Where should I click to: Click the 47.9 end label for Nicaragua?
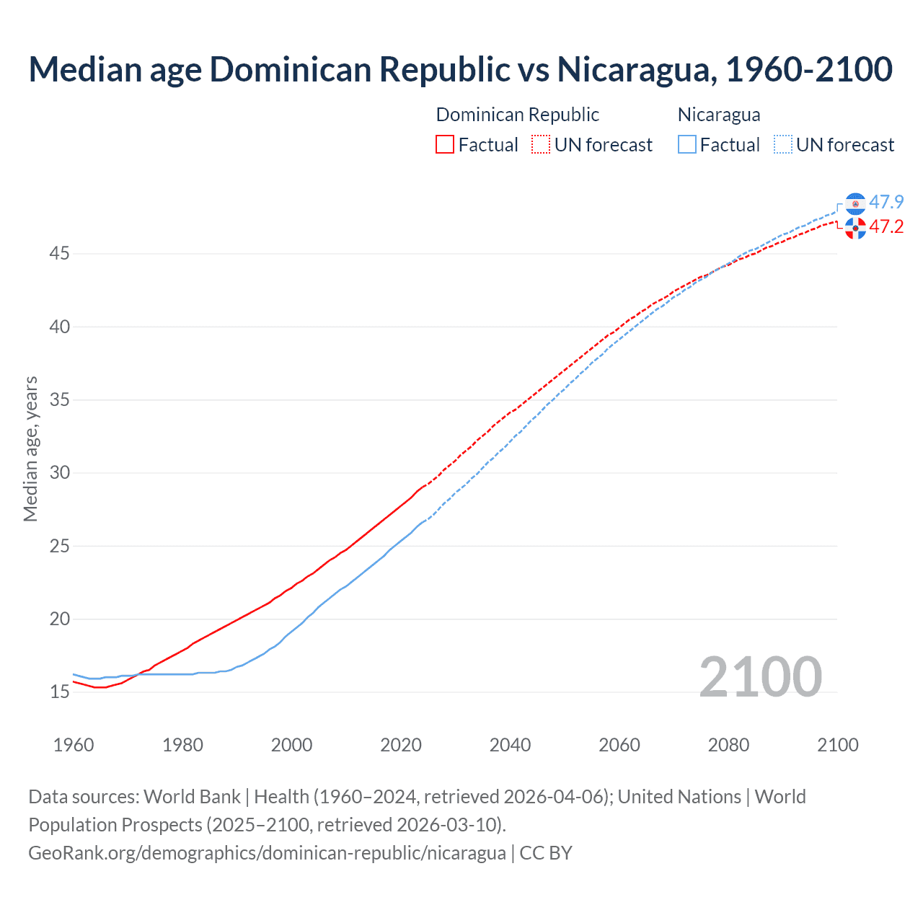pos(886,202)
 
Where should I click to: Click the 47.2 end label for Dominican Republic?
pos(886,226)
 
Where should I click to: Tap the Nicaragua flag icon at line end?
pos(855,204)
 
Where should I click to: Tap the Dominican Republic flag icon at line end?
pos(855,229)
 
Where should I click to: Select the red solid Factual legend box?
pos(445,144)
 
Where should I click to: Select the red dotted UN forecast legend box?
pos(541,144)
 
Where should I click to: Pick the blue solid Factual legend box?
pos(687,144)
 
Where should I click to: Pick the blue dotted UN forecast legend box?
pos(783,144)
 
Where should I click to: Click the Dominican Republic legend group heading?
pos(517,115)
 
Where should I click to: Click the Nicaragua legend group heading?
pos(719,115)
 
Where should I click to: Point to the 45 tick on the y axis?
pos(60,254)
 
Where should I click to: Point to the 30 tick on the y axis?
pos(60,473)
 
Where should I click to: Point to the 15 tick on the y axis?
pos(60,692)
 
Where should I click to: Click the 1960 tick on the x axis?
pos(74,745)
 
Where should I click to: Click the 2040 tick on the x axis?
pos(510,745)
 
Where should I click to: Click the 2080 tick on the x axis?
pos(728,745)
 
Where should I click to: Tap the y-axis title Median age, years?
pos(30,449)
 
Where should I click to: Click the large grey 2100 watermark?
pos(760,676)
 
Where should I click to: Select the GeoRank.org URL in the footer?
pos(267,853)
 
